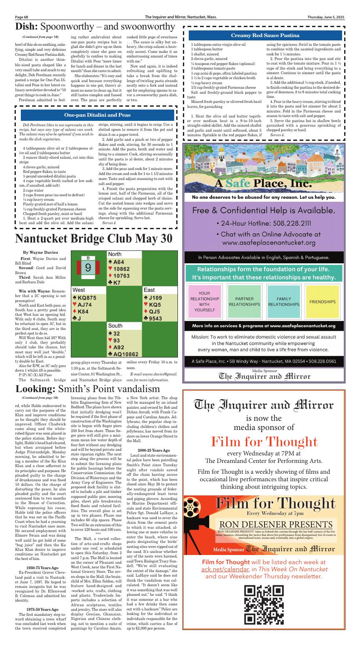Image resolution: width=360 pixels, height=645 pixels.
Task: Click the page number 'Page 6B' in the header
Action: (x=21, y=17)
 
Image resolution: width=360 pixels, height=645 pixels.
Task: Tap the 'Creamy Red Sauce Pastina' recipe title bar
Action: (x=265, y=35)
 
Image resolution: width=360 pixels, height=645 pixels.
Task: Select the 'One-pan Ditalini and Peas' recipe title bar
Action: (x=97, y=115)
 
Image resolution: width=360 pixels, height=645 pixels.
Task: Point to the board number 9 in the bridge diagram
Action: (x=88, y=268)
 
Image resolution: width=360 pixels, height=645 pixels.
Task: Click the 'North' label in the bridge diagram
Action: (x=115, y=254)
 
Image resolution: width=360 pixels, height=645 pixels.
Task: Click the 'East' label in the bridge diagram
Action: (x=149, y=290)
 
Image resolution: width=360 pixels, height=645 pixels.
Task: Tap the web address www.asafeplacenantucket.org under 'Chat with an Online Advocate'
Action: (x=269, y=242)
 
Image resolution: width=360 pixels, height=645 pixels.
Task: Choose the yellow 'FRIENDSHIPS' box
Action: (x=322, y=302)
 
